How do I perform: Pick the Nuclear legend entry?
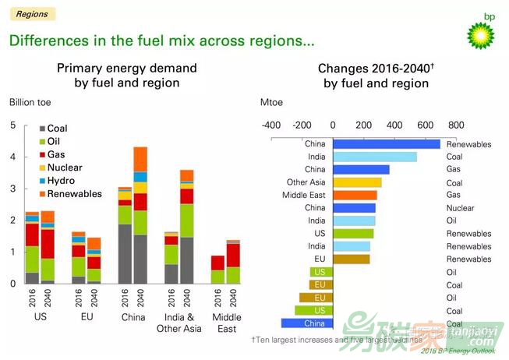[64, 168]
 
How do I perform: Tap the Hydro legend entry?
[61, 180]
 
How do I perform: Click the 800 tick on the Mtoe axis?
[456, 125]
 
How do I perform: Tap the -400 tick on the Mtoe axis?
[271, 125]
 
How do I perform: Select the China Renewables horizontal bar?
[387, 144]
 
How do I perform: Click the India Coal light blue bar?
[375, 157]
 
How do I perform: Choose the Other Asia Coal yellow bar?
[357, 182]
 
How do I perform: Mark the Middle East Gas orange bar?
[355, 195]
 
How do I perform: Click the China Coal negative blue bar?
[307, 323]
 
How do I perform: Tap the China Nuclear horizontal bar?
[354, 208]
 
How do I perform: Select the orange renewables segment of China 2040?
[140, 159]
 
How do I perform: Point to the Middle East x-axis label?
[227, 323]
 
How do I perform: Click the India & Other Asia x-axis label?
[180, 323]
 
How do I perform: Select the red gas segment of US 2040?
[48, 244]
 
